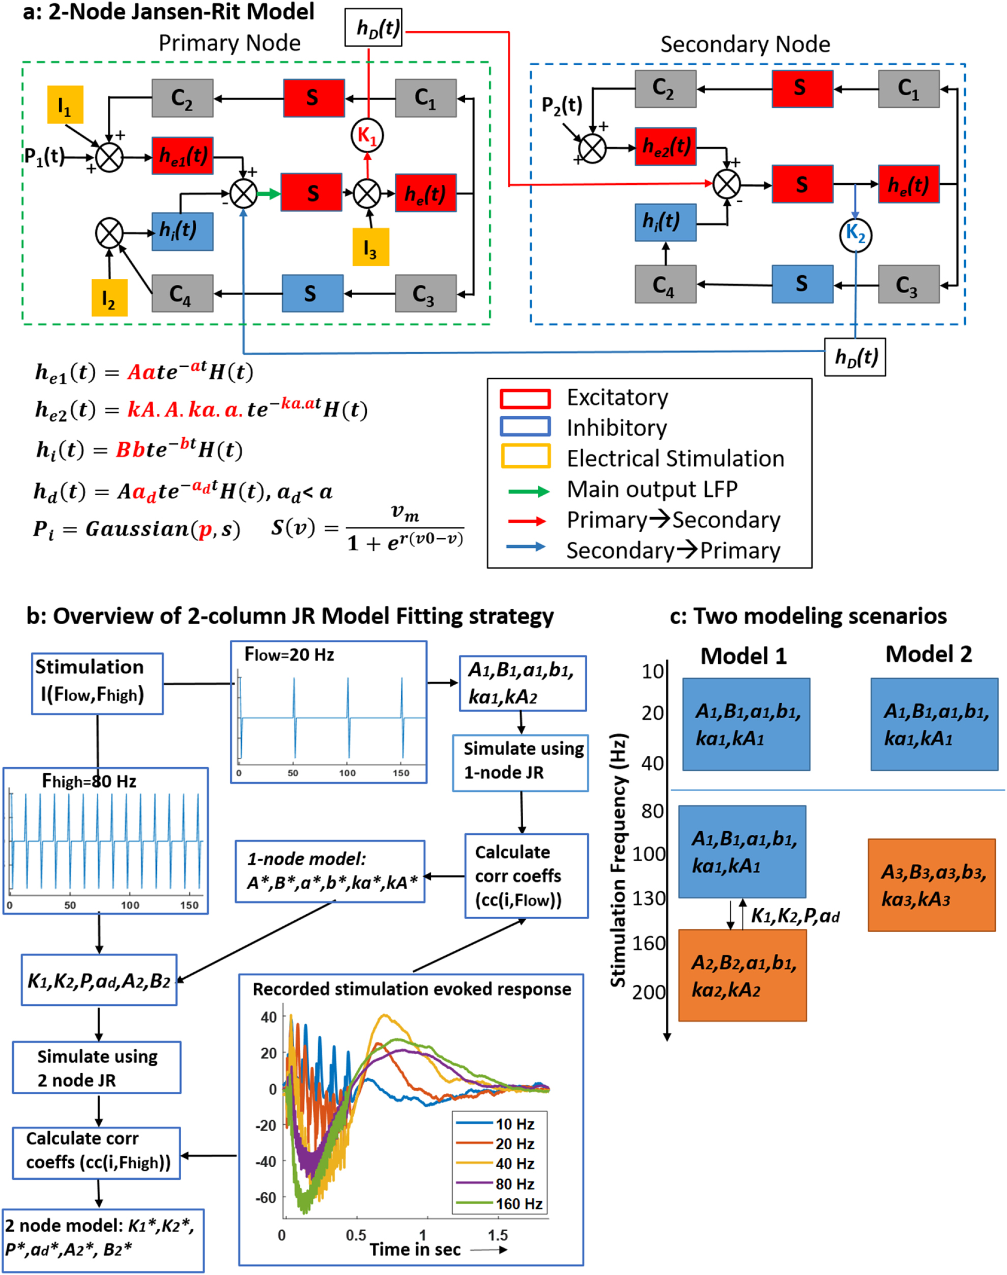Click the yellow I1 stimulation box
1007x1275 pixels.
pyautogui.click(x=65, y=105)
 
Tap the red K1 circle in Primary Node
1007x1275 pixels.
pyautogui.click(x=367, y=135)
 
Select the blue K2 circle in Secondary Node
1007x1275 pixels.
pyautogui.click(x=855, y=235)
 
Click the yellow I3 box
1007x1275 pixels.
pyautogui.click(x=370, y=247)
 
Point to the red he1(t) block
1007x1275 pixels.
pyautogui.click(x=183, y=156)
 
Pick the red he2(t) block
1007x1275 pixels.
pyautogui.click(x=666, y=146)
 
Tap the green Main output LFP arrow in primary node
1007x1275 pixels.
pyautogui.click(x=268, y=193)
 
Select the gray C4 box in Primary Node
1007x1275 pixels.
pyautogui.click(x=182, y=293)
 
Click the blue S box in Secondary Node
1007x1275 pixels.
pyautogui.click(x=802, y=284)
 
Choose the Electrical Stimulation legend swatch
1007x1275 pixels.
pyautogui.click(x=525, y=457)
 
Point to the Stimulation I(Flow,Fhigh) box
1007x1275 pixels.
pyautogui.click(x=97, y=683)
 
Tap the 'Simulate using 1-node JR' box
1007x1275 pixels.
pyautogui.click(x=521, y=762)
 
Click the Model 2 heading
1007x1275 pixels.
pyautogui.click(x=928, y=654)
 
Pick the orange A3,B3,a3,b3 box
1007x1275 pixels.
pyautogui.click(x=932, y=885)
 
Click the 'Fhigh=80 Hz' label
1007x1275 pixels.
pyautogui.click(x=89, y=781)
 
